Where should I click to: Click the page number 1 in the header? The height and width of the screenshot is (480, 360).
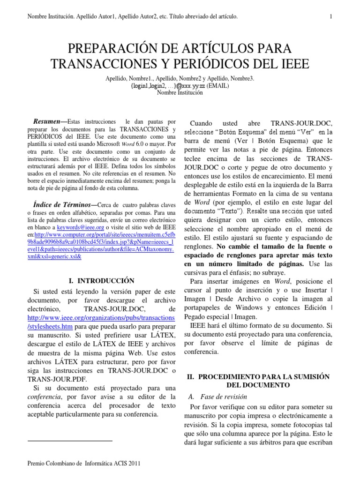[x=331, y=17]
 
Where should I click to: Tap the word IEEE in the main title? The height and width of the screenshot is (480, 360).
[x=293, y=64]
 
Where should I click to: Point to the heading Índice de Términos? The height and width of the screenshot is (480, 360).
[x=63, y=204]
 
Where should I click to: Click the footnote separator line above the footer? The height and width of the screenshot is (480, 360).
[x=70, y=441]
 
